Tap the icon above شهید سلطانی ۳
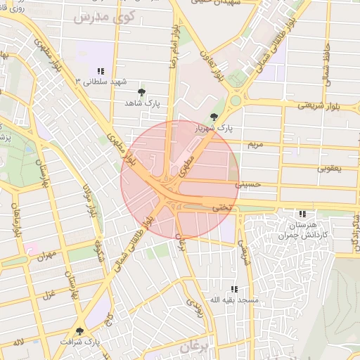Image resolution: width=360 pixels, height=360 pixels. click(x=101, y=71)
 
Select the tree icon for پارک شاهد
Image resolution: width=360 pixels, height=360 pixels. click(x=142, y=92)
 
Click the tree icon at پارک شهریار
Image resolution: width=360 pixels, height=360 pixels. click(x=214, y=117)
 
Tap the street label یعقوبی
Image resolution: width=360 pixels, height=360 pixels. click(x=328, y=168)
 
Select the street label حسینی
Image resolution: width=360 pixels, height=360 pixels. click(x=247, y=186)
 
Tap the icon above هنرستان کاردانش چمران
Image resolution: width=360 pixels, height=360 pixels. click(x=302, y=214)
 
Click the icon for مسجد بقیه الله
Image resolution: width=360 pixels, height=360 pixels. click(x=234, y=289)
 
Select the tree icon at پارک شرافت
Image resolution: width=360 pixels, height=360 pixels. click(x=79, y=331)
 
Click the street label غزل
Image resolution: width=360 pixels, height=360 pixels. click(x=49, y=293)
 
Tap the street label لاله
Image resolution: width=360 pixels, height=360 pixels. click(x=18, y=342)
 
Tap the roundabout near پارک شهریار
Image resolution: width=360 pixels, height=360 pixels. click(x=236, y=100)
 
